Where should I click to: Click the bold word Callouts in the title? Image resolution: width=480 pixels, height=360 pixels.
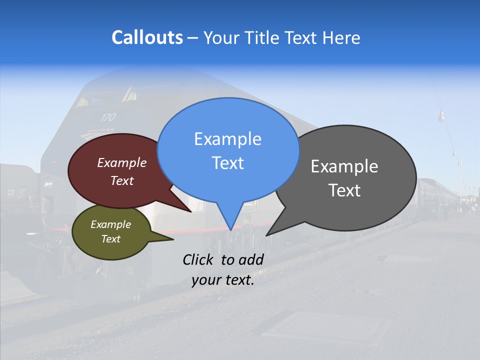147,37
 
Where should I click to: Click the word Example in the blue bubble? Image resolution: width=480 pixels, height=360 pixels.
227,139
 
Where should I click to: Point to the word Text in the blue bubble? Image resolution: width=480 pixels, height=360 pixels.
227,163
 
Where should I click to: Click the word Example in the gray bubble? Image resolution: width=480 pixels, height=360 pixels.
344,166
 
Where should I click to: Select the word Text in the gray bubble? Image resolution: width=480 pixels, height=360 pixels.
344,190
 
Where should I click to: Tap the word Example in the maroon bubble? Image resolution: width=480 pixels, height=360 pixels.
121,162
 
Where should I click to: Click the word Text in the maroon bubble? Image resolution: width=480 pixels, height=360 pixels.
121,180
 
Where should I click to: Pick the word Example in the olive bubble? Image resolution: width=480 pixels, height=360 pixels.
110,224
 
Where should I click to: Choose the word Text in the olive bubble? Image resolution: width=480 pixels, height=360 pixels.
110,239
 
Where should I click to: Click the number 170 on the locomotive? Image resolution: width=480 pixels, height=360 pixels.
107,117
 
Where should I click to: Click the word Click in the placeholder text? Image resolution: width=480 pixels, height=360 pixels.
199,259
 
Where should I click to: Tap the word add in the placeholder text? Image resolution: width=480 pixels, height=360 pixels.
251,259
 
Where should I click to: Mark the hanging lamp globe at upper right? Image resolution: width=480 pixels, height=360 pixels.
441,117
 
